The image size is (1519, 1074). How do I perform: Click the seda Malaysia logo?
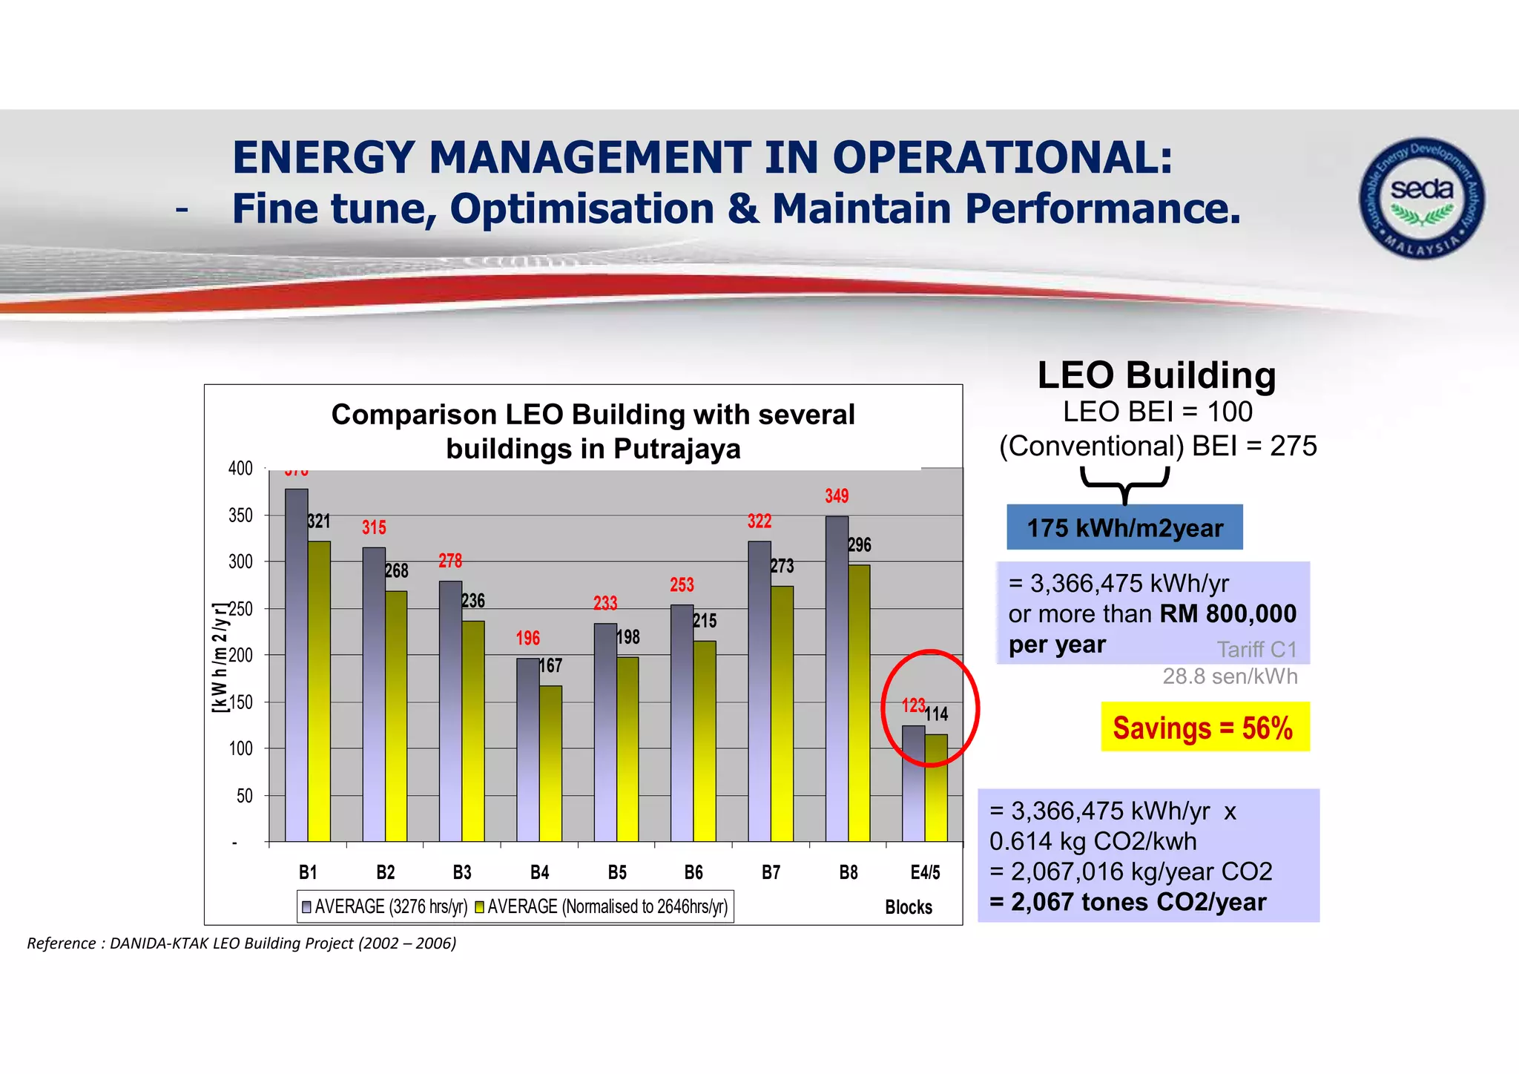[x=1421, y=198]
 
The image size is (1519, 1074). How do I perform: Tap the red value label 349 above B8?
[x=837, y=496]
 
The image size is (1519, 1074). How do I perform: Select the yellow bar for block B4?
[x=550, y=764]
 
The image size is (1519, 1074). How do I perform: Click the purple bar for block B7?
[x=759, y=690]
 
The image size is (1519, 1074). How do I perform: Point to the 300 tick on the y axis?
[x=240, y=562]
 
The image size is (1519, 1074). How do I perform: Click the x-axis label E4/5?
[x=925, y=872]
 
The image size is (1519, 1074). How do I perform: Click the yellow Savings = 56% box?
[x=1205, y=728]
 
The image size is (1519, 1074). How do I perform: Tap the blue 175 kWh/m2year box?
[x=1124, y=528]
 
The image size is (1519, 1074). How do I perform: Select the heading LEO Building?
[x=1156, y=375]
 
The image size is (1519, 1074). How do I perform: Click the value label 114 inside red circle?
[x=937, y=714]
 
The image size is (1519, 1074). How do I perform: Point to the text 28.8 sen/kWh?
[x=1230, y=676]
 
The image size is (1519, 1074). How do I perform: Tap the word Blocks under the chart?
[x=909, y=907]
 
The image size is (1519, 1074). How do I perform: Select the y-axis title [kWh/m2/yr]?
[x=219, y=659]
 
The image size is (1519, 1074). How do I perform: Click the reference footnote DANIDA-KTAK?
[x=242, y=943]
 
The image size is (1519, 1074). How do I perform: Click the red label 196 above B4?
[x=528, y=638]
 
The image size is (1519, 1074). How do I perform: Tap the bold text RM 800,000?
[x=1228, y=614]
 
